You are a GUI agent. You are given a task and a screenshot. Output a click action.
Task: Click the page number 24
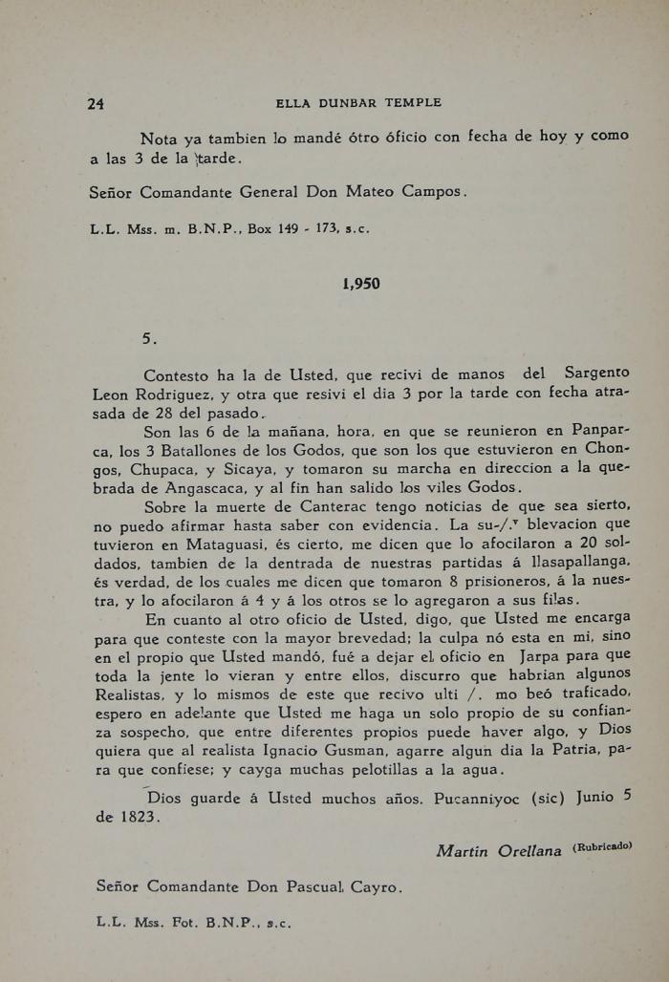pyautogui.click(x=95, y=103)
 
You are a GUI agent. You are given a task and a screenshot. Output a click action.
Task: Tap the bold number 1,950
pyautogui.click(x=361, y=284)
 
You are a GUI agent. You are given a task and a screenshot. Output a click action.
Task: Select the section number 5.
pyautogui.click(x=149, y=337)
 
